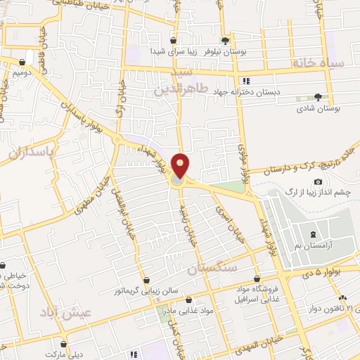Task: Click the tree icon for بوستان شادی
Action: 318,97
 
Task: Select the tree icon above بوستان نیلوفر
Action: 225,41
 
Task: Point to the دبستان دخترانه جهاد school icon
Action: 245,81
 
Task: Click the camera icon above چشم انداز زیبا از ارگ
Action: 319,182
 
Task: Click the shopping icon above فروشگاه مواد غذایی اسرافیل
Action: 257,278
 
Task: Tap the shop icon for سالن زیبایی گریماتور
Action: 146,280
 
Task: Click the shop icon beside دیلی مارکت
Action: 64,345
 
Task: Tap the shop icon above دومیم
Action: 30,61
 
